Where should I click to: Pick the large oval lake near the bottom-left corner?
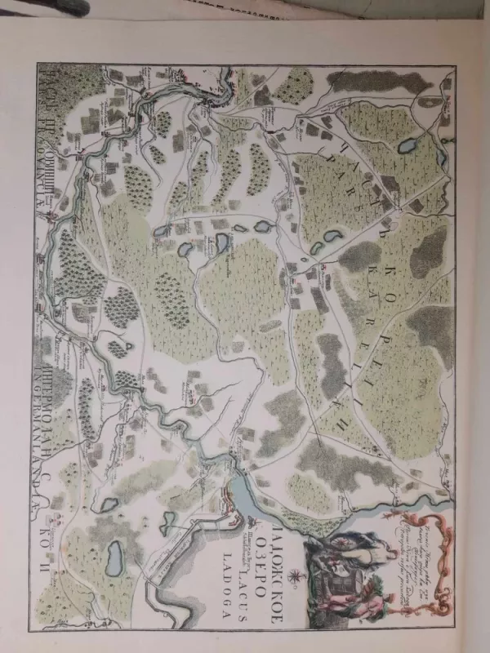tap(115, 559)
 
